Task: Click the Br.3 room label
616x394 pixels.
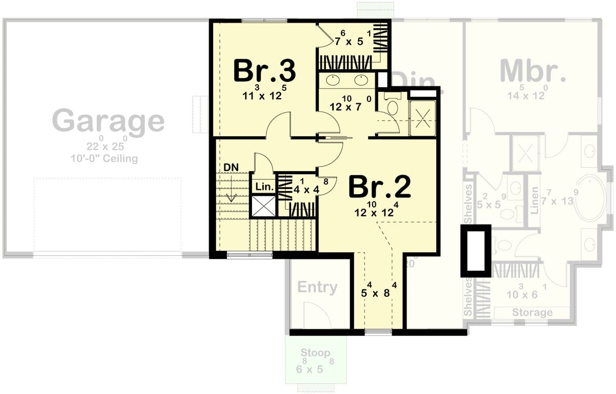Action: click(x=264, y=71)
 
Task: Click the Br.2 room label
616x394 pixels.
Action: click(x=380, y=187)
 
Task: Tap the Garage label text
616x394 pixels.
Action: click(x=108, y=121)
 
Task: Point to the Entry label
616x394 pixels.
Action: click(x=317, y=288)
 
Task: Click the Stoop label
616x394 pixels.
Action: click(x=316, y=353)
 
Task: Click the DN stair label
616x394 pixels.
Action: click(x=230, y=167)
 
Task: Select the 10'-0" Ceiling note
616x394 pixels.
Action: click(x=105, y=159)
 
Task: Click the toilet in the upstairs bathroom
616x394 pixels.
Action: click(x=392, y=107)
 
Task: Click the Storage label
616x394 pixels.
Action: click(x=532, y=312)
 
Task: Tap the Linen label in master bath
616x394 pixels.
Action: click(x=535, y=201)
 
